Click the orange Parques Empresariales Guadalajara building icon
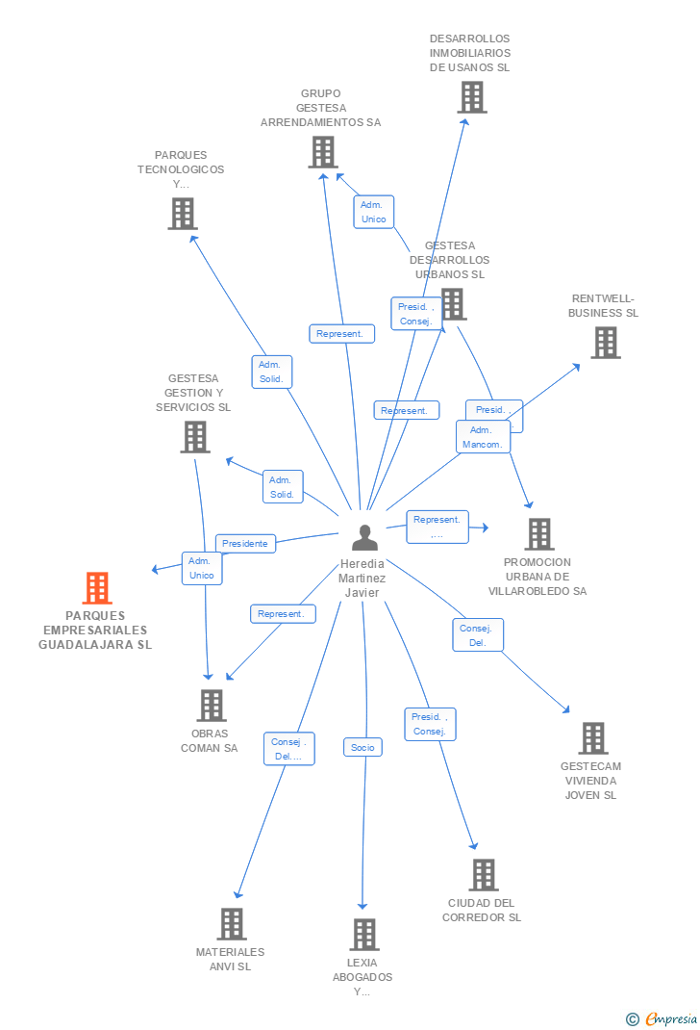(x=97, y=587)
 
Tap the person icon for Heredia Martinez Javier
(x=364, y=537)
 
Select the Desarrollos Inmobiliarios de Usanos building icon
(x=471, y=97)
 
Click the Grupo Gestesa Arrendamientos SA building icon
(x=322, y=152)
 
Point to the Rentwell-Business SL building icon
(x=605, y=343)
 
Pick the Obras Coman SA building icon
(x=211, y=706)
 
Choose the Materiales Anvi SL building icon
(x=231, y=924)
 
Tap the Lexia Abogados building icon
(x=363, y=935)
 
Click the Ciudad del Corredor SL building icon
(x=483, y=875)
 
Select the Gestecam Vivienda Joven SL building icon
(x=592, y=738)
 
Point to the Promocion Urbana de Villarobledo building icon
(x=538, y=534)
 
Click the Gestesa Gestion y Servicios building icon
(x=195, y=437)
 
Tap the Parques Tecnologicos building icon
(x=182, y=214)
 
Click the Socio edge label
(x=362, y=747)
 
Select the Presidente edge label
(x=245, y=544)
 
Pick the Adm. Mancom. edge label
(x=483, y=437)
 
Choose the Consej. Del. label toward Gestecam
(x=478, y=635)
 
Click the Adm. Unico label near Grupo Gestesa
(x=373, y=212)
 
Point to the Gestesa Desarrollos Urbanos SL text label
(x=450, y=260)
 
